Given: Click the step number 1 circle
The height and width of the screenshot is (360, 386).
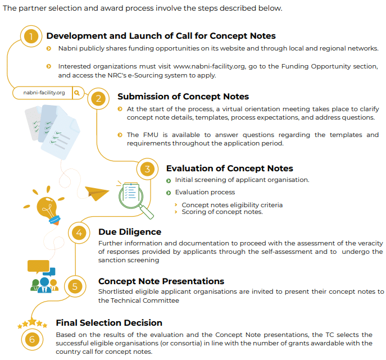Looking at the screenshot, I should point(31,37).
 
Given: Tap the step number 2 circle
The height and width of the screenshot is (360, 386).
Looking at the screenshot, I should point(99,99).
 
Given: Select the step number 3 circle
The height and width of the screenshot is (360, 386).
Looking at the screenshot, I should point(147,169).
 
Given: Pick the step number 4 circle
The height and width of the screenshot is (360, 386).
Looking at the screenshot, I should point(79,233).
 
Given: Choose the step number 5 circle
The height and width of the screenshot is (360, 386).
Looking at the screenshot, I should point(75,285).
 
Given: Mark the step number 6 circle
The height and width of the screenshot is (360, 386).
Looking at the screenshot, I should point(31,339).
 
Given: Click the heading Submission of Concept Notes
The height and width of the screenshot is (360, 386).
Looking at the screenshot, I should point(183,97).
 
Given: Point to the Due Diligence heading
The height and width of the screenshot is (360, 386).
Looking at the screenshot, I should point(130,231).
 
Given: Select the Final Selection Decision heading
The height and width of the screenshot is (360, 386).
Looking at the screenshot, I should point(109,322).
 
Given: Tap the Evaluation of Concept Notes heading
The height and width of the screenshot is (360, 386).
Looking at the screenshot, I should point(229,168).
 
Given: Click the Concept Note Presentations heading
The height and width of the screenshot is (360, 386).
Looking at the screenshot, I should point(161,281).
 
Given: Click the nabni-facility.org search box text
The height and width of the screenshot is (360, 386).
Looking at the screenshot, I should point(44,93).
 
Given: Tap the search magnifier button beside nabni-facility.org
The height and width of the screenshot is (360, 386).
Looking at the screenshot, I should point(78,93).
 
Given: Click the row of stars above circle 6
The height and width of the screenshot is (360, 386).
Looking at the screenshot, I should point(33,323).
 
